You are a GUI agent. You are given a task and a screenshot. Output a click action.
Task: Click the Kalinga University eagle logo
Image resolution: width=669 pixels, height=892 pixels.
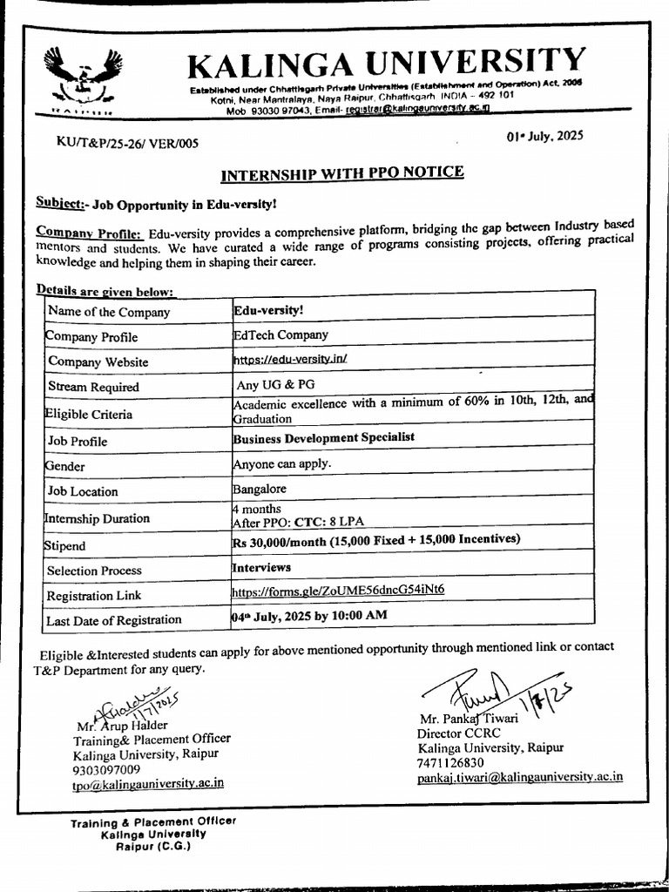click(84, 79)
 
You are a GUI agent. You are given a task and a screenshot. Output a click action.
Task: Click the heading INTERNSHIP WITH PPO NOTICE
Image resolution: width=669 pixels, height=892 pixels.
click(341, 172)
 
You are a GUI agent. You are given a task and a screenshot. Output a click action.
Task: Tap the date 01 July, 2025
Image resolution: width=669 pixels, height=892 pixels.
click(544, 136)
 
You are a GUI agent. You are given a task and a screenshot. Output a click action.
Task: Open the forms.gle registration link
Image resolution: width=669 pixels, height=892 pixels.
click(338, 590)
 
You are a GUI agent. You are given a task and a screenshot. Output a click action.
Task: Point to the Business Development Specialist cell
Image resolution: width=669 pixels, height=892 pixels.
click(323, 437)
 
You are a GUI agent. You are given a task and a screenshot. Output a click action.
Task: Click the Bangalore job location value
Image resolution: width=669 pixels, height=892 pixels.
click(259, 489)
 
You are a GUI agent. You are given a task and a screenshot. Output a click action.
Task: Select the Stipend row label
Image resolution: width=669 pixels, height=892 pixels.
click(65, 546)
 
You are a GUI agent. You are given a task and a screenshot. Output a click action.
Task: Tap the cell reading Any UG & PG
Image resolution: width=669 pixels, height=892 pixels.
click(272, 383)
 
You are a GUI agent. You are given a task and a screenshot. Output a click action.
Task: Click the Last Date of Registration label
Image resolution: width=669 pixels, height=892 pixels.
click(114, 620)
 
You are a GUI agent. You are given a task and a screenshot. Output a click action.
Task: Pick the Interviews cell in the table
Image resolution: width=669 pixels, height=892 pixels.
click(261, 567)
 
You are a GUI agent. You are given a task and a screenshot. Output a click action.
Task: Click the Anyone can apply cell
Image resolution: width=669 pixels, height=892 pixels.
click(281, 463)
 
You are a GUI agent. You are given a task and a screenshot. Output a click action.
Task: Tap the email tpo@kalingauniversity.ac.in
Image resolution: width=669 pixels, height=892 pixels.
click(147, 783)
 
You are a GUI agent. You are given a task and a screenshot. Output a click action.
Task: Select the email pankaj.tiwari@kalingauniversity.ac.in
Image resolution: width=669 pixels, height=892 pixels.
click(520, 777)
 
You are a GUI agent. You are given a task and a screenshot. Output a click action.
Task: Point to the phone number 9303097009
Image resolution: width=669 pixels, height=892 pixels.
click(107, 769)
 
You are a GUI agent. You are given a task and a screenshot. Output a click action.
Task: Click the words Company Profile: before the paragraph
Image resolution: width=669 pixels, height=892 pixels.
click(89, 233)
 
